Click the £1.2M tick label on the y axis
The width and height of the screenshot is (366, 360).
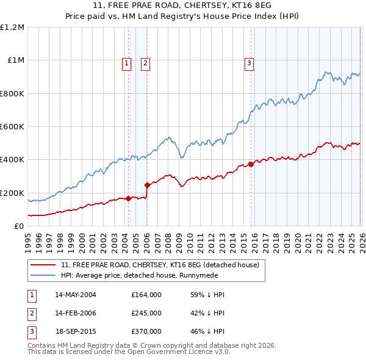[12, 27]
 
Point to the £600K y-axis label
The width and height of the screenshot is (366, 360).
[12, 127]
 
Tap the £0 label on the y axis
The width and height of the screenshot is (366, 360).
[20, 226]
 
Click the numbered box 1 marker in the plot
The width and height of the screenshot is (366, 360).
[126, 62]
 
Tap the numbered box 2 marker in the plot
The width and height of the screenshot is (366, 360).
[146, 62]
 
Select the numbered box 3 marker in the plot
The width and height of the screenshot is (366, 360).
[249, 62]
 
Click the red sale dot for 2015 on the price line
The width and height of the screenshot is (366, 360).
[251, 164]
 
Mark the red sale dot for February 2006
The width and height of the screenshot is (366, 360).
[147, 185]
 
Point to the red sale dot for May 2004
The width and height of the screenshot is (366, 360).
[128, 198]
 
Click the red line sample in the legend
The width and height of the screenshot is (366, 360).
[44, 265]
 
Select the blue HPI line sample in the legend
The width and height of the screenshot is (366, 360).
[44, 275]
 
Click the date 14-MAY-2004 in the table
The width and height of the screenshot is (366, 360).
[76, 295]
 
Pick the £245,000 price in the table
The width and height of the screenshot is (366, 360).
[146, 313]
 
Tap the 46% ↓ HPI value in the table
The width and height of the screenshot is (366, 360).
[207, 331]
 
